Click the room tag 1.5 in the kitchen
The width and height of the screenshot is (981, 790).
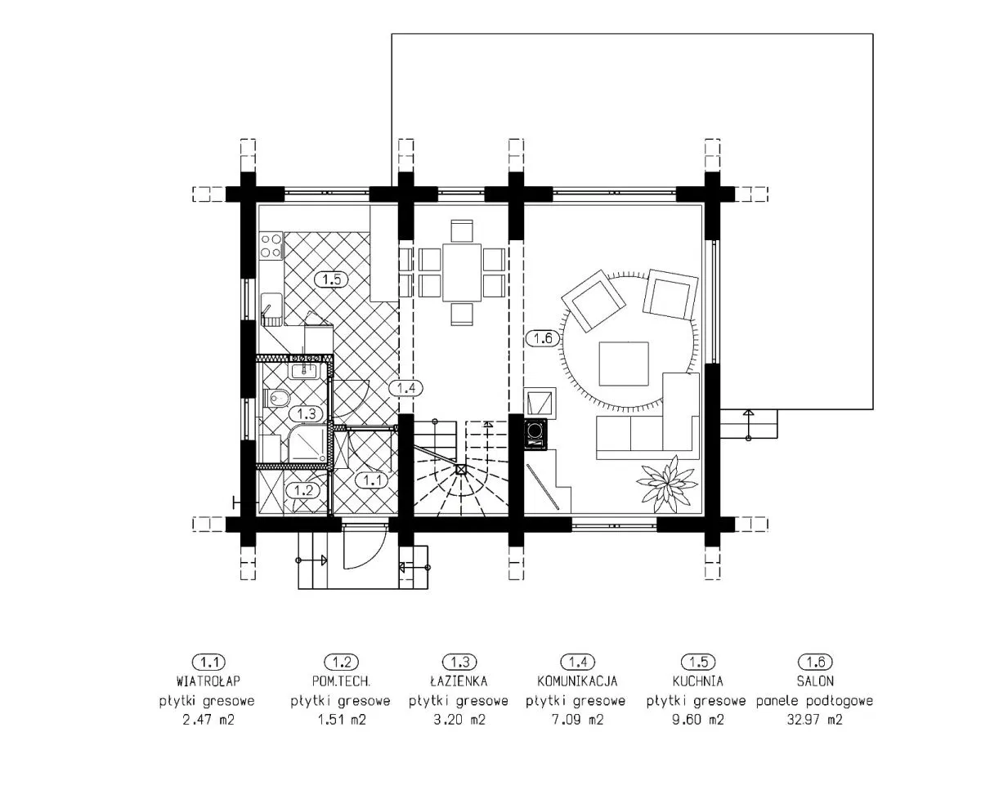pyautogui.click(x=331, y=279)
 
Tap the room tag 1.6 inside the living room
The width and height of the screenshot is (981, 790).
pyautogui.click(x=543, y=338)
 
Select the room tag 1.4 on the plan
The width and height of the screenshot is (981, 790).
pyautogui.click(x=405, y=388)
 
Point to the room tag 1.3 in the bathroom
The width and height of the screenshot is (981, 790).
pyautogui.click(x=307, y=413)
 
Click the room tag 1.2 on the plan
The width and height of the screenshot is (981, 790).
pyautogui.click(x=303, y=491)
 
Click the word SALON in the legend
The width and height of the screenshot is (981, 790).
pyautogui.click(x=815, y=681)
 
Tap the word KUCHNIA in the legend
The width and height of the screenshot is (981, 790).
pyautogui.click(x=697, y=681)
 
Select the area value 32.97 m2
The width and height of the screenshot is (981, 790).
pyautogui.click(x=814, y=720)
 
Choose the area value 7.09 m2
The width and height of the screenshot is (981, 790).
pyautogui.click(x=578, y=720)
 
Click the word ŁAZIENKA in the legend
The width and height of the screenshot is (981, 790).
pyautogui.click(x=459, y=681)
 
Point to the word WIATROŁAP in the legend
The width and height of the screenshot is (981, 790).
pyautogui.click(x=208, y=681)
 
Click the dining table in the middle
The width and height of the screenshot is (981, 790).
pyautogui.click(x=461, y=272)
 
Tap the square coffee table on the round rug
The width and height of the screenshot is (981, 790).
pyautogui.click(x=624, y=364)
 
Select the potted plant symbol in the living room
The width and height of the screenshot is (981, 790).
pyautogui.click(x=667, y=484)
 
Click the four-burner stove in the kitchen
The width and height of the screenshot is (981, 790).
pyautogui.click(x=271, y=246)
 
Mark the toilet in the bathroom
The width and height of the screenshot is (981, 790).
pyautogui.click(x=276, y=399)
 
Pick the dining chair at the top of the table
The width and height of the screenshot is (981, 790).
pyautogui.click(x=462, y=230)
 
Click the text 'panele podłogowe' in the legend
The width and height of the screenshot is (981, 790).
pyautogui.click(x=814, y=701)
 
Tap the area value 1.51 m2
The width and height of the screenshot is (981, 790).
pyautogui.click(x=342, y=720)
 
